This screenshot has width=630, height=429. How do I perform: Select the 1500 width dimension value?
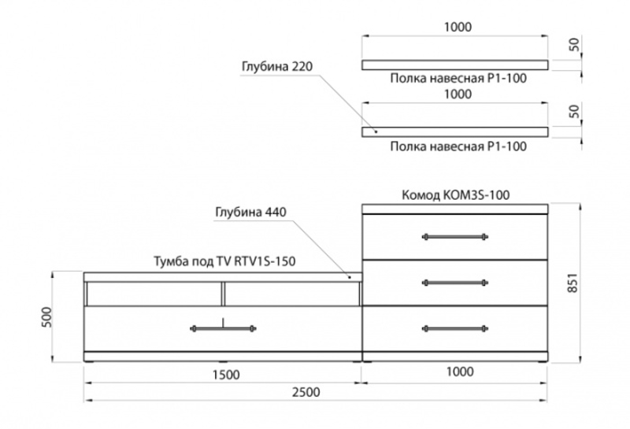[225, 374]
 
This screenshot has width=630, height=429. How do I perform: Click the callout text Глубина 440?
[250, 212]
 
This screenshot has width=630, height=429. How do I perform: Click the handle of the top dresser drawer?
[455, 236]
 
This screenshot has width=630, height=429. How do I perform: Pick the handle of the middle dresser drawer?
[455, 282]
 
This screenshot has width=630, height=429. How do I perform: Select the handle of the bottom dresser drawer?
[455, 328]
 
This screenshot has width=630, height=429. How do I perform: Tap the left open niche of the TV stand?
[153, 294]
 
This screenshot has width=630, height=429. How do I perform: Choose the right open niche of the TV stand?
[291, 294]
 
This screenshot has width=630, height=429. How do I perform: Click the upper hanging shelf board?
[455, 65]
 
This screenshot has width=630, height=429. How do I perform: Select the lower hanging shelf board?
[455, 132]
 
